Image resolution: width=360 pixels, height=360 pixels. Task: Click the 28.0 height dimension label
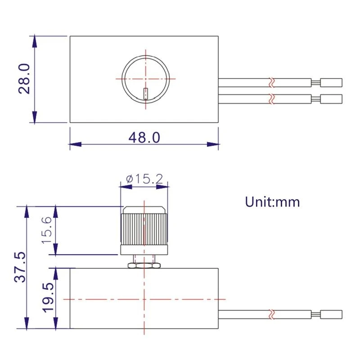(24, 78)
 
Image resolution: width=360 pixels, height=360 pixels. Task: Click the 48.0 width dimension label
(144, 137)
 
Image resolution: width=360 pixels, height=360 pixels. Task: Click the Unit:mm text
(272, 202)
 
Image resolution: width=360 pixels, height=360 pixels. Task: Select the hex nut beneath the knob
(144, 265)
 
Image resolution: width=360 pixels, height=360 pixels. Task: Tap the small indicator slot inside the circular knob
(146, 93)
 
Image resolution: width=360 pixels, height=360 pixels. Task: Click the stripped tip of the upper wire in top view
(331, 83)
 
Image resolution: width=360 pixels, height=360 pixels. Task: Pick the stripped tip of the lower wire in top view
(331, 98)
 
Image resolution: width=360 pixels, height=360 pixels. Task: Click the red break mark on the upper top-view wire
(271, 83)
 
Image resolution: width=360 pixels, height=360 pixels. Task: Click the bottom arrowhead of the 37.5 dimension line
(27, 323)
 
